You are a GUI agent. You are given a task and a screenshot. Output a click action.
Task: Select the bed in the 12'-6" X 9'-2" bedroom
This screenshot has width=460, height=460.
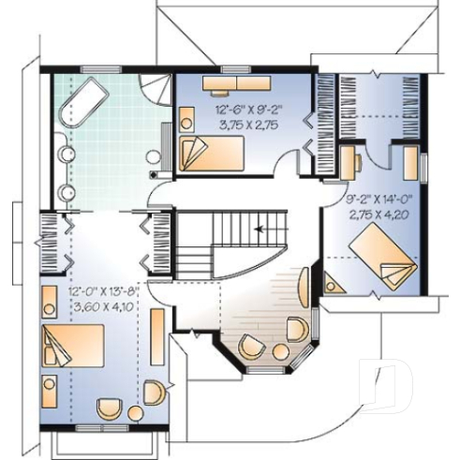[x=211, y=151]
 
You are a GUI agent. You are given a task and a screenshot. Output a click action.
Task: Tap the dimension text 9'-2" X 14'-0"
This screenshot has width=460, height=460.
[x=373, y=199]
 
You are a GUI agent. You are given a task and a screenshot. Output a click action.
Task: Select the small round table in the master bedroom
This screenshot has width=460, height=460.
[x=135, y=412]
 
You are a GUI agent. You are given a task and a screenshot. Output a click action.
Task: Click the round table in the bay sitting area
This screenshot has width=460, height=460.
[x=278, y=350]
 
